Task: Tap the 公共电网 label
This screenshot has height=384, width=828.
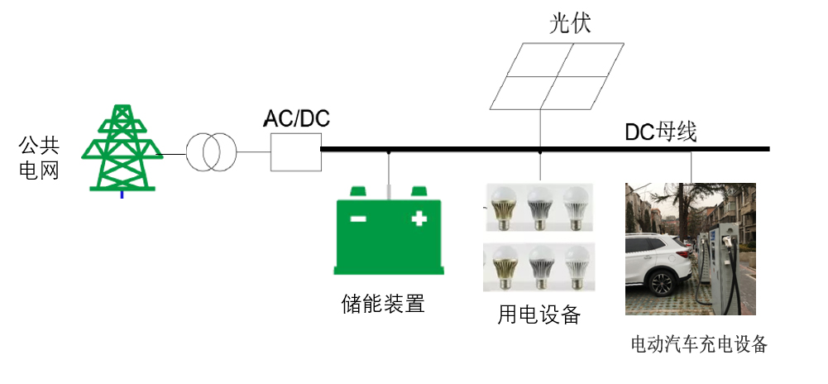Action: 39,159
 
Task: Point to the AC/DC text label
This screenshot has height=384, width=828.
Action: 296,118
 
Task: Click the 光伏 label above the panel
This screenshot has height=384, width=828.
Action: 571,23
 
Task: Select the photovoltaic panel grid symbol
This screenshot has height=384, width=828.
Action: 556,76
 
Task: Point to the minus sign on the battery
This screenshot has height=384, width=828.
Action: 358,219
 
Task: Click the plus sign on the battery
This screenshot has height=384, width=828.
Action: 419,219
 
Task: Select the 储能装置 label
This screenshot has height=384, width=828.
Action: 383,304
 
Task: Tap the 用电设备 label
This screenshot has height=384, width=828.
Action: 538,314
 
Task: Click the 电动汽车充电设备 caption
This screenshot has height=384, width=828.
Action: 699,343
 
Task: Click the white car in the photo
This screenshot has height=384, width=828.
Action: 658,262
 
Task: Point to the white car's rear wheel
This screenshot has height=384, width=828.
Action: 661,284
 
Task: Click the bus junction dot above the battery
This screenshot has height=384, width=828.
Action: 388,151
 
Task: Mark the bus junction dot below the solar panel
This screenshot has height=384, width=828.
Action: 540,151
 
